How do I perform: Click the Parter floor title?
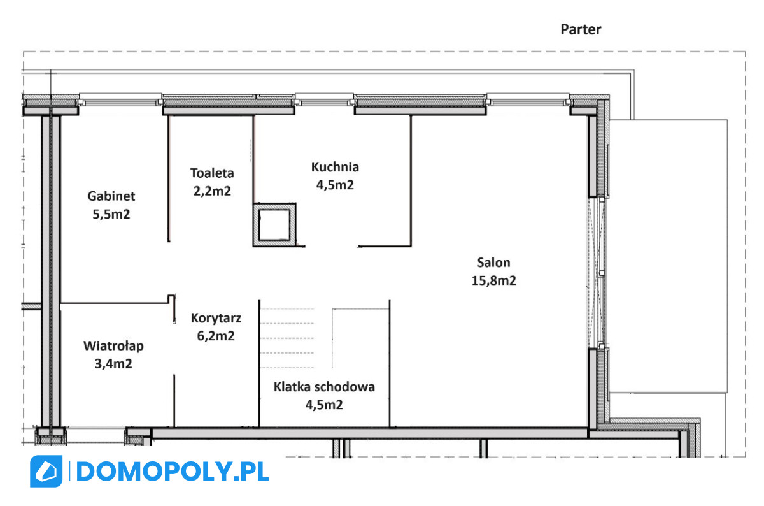581,29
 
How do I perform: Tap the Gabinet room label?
111,196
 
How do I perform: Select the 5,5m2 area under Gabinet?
111,214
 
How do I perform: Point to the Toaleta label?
212,173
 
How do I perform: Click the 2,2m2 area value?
212,191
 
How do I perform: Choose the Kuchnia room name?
335,167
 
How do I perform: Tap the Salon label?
493,263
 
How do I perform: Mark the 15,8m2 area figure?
493,280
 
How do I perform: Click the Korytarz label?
216,318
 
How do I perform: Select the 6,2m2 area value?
216,336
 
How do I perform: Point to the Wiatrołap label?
113,346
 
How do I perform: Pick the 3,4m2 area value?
113,364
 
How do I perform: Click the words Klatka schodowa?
324,387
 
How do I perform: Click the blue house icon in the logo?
46,471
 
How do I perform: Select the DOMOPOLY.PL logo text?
173,472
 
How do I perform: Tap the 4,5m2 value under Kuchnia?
335,185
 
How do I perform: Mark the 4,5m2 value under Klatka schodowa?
324,405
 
